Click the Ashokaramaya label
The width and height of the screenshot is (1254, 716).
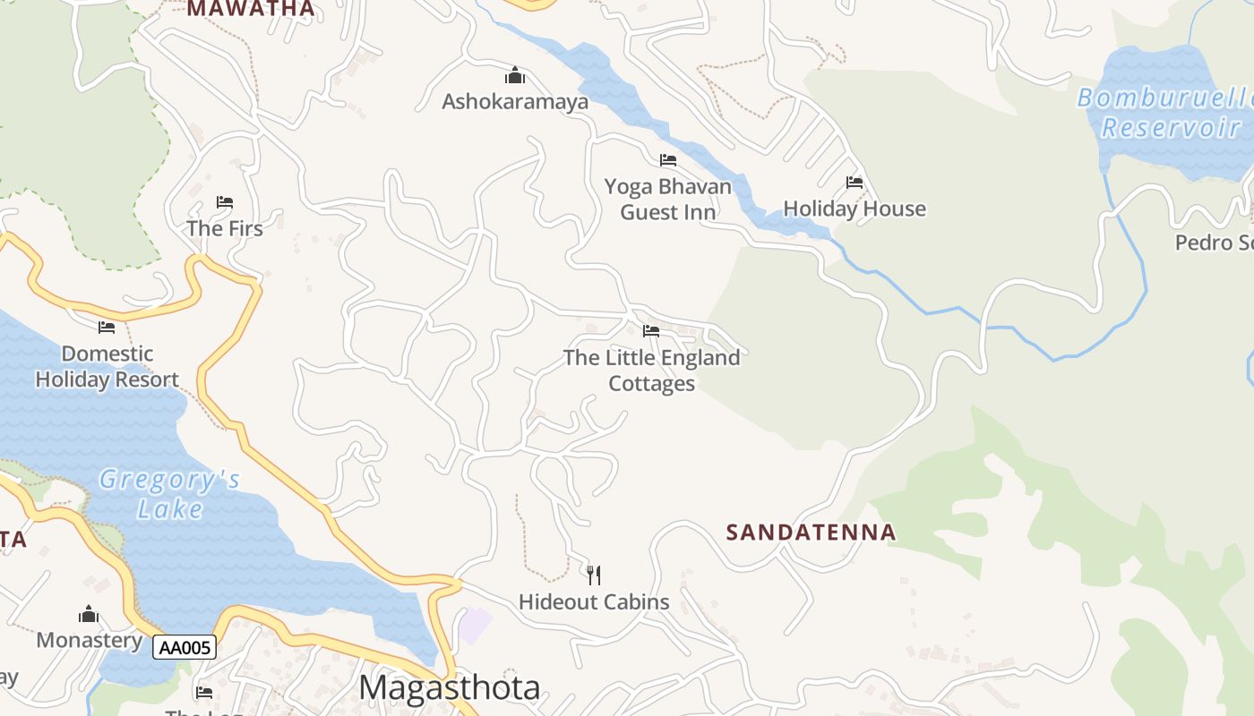[x=515, y=101]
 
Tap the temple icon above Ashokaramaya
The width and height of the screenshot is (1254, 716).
[x=515, y=75]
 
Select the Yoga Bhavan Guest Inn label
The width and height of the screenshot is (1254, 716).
[x=668, y=200]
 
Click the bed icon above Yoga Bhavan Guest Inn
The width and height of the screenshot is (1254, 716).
[x=668, y=160]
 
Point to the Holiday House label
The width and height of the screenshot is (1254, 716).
[x=855, y=209]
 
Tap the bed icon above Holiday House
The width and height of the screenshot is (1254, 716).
[x=855, y=183]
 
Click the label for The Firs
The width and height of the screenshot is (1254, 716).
[x=225, y=228]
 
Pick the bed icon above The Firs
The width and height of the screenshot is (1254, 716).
[x=225, y=202]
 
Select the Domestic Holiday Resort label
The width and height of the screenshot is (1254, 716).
[x=107, y=367]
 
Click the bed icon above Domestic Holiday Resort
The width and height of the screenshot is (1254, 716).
[x=107, y=327]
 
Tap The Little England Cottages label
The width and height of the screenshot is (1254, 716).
[x=652, y=371]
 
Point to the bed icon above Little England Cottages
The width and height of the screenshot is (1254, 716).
[x=651, y=331]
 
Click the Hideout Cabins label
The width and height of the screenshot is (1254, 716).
[x=594, y=601]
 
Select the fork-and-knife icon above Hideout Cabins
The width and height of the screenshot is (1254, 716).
[x=593, y=575]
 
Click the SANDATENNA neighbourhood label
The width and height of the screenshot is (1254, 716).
[x=811, y=533]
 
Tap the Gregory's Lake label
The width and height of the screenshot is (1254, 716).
[x=170, y=494]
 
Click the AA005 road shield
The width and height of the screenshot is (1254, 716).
[x=185, y=647]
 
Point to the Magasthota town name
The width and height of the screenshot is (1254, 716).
[x=450, y=687]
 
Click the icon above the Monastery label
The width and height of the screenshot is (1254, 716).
[x=88, y=614]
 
